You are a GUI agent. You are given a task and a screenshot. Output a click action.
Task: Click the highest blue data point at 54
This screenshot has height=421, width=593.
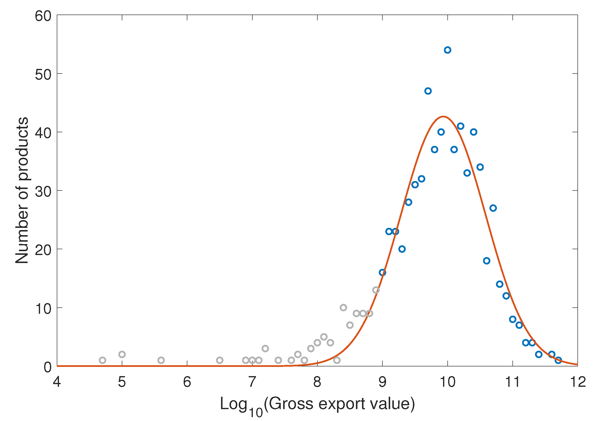(448, 50)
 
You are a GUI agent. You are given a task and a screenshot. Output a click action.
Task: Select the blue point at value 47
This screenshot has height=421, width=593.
(428, 91)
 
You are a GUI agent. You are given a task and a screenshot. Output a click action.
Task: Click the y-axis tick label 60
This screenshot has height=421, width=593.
(43, 16)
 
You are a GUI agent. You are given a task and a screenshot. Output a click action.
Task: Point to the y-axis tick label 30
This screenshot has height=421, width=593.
(43, 192)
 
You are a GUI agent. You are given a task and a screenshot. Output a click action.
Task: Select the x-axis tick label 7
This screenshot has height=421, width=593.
(252, 382)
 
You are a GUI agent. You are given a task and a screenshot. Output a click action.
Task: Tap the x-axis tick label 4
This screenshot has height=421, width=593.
(57, 382)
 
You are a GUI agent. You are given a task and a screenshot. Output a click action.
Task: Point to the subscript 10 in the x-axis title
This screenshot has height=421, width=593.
(255, 413)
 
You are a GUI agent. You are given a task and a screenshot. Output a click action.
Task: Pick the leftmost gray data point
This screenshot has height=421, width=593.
(102, 360)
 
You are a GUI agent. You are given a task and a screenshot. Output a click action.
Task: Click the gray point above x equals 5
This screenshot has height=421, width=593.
(122, 354)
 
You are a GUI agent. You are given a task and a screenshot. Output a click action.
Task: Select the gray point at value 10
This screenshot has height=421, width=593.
(343, 308)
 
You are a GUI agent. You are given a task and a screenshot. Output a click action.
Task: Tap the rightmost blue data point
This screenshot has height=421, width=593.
(558, 360)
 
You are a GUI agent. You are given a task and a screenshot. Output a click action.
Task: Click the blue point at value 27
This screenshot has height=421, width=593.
(493, 208)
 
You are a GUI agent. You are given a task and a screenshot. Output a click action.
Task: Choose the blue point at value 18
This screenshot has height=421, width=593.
(486, 261)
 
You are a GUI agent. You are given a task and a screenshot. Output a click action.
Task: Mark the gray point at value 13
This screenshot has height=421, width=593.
(376, 290)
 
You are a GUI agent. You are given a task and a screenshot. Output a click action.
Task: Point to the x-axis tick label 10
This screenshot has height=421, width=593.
(448, 382)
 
